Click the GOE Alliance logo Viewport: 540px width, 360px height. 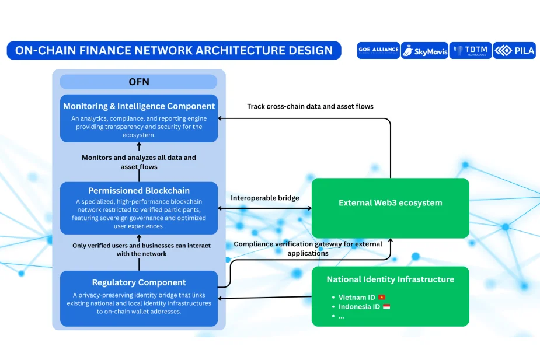pos(378,50)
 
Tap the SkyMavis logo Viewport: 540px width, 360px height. pos(424,51)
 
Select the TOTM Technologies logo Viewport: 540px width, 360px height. pos(471,51)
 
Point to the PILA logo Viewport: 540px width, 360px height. pos(514,51)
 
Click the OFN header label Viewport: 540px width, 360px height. pos(138,82)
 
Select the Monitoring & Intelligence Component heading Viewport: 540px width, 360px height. pos(139,106)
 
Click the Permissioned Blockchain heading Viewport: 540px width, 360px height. pos(139,191)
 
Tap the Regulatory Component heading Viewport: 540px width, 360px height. pos(139,282)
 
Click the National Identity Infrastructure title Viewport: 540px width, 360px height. pos(390,279)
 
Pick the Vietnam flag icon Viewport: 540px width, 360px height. pos(382,298)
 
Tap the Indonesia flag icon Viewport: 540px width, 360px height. pos(386,307)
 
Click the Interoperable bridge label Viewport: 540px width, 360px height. pos(264,198)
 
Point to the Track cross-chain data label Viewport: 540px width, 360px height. pos(310,106)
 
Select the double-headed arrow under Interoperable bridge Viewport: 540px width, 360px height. pos(264,208)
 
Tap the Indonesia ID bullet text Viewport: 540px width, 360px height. pos(360,307)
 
